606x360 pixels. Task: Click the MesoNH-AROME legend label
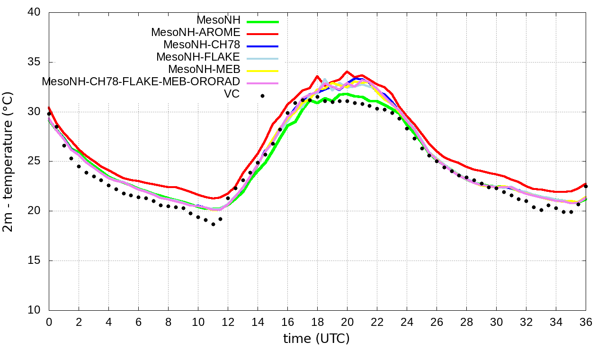196,32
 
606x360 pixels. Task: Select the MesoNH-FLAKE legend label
198,57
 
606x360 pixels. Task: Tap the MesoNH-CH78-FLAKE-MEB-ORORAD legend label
141,81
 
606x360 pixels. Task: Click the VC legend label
232,94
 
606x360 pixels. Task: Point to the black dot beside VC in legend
262,96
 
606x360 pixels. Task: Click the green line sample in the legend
262,22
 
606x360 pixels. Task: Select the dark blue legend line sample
262,46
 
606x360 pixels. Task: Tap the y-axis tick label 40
34,13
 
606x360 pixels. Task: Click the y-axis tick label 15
34,261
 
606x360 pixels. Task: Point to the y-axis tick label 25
34,162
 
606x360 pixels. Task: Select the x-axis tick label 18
317,322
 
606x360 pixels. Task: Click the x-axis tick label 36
586,322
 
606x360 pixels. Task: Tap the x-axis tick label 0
49,322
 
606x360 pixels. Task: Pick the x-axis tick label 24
407,322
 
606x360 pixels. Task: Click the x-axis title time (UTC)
316,339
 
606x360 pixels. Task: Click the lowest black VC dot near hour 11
213,224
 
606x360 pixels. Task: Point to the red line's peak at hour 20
347,72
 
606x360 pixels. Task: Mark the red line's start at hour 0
49,108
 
